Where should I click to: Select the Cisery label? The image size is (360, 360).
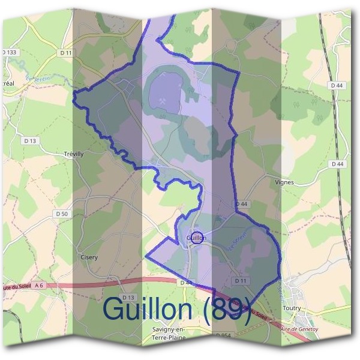click(x=89, y=257)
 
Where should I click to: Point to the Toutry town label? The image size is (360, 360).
click(x=291, y=308)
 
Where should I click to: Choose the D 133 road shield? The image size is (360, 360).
click(x=10, y=53)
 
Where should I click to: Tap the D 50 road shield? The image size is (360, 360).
click(x=61, y=214)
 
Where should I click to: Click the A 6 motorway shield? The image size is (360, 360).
click(x=40, y=286)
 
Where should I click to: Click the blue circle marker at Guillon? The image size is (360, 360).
click(x=197, y=238)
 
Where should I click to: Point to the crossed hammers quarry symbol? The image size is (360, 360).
click(x=163, y=101)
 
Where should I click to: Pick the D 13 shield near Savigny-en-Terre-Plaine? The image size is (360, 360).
click(x=128, y=298)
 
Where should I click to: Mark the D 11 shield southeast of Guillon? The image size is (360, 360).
click(x=241, y=280)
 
